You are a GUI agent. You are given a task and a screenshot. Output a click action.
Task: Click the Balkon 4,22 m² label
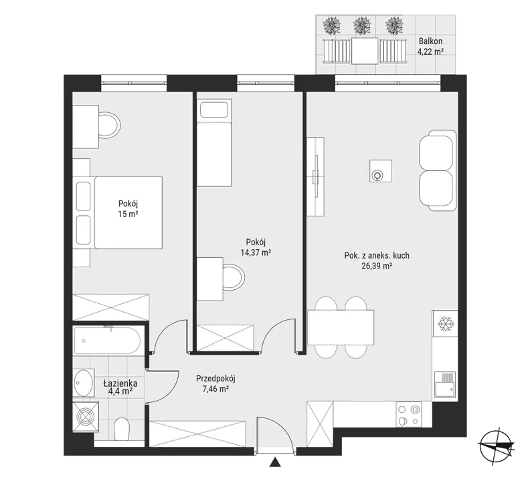coord(430,47)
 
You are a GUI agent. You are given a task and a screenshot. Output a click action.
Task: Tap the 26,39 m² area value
coord(377,266)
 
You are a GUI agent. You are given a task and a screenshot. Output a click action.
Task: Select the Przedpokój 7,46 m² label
coord(215,383)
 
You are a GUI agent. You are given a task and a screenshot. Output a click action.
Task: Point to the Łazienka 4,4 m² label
coord(120,387)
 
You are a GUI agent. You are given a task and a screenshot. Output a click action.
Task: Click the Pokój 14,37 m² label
coord(256,247)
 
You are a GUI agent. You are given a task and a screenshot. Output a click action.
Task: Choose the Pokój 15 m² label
coord(128,208)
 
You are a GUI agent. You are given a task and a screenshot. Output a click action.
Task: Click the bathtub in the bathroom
coord(107,340)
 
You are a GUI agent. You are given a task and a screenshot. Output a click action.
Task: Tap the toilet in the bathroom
coord(121,430)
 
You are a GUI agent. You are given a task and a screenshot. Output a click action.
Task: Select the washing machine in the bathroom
coord(86,416)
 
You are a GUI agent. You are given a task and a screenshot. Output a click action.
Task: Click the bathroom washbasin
coord(84,383)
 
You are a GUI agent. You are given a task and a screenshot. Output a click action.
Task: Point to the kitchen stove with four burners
coord(409,414)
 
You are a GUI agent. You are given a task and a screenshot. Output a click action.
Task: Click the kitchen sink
coord(445,384)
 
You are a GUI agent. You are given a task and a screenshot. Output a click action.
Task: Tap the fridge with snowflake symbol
coord(445,323)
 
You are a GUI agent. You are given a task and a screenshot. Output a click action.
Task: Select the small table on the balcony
coord(365,51)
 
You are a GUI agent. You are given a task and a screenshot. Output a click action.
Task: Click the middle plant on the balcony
coord(362,25)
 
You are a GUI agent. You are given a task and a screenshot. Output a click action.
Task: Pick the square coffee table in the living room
coord(381,171)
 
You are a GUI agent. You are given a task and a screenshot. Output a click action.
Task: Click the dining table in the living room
coord(341,327)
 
